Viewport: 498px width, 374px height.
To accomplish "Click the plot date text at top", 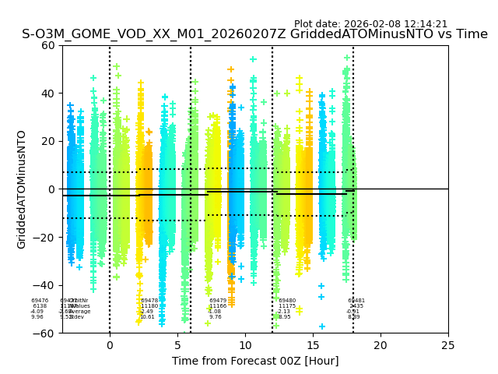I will tap(370, 24).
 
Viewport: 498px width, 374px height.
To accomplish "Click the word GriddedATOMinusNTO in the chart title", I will tap(381, 35).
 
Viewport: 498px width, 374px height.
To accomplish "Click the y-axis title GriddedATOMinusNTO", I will tap(22, 189).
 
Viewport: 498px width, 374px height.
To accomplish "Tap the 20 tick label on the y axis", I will tap(48, 141).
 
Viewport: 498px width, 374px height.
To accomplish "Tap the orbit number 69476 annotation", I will tap(40, 301).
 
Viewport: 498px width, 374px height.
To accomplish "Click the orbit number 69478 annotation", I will tap(149, 301).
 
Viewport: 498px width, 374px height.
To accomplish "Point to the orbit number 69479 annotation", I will tap(218, 301).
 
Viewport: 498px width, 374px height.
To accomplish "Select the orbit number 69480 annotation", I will tap(287, 301).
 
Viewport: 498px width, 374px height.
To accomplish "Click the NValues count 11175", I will tap(287, 306).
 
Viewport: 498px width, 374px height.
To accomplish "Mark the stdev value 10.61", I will tap(147, 317).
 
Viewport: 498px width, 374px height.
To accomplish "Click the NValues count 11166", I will tap(218, 306).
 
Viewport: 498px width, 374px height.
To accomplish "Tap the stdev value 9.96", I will tap(37, 317).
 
